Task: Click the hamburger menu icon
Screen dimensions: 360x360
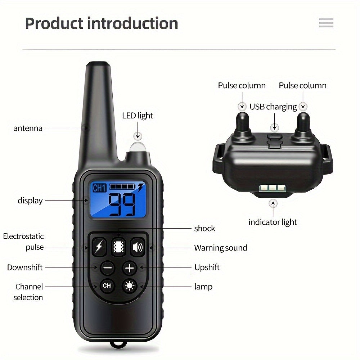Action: [x=326, y=23]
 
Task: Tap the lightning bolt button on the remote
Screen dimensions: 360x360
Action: [x=99, y=247]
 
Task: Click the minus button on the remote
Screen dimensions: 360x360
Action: [x=107, y=268]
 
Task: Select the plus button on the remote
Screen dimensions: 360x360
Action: [x=130, y=268]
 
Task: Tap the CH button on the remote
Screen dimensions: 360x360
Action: [x=107, y=286]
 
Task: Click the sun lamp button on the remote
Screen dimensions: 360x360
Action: [x=129, y=286]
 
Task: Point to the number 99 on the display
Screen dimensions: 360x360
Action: [x=122, y=204]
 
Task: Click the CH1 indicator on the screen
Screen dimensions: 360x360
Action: [x=99, y=188]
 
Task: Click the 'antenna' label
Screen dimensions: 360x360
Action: [x=28, y=128]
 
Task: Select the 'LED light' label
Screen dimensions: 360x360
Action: [x=138, y=116]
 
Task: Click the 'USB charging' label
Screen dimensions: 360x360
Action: [x=273, y=107]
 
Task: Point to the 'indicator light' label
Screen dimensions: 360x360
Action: [x=273, y=222]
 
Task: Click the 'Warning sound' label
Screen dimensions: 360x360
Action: [x=221, y=248]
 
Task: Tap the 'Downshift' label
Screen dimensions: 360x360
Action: [x=25, y=267]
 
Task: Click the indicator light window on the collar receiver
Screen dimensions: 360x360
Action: [x=273, y=188]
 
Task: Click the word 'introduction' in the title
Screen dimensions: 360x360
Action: [x=133, y=23]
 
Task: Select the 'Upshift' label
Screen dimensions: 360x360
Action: [x=207, y=267]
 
